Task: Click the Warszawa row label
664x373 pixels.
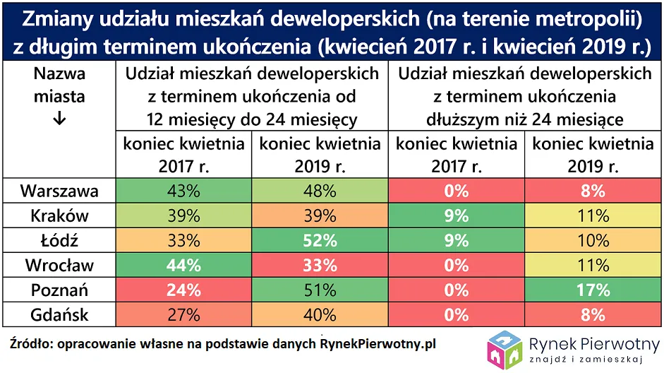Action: pyautogui.click(x=59, y=191)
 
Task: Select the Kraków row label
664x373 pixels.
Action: pyautogui.click(x=59, y=215)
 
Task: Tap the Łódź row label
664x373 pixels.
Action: pyautogui.click(x=59, y=240)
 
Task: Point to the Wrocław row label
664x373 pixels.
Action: pyautogui.click(x=59, y=265)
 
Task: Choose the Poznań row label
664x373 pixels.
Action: pyautogui.click(x=59, y=290)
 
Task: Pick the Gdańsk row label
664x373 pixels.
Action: pyautogui.click(x=59, y=314)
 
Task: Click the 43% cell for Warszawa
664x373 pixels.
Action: pyautogui.click(x=183, y=191)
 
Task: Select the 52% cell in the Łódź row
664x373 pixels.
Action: pyautogui.click(x=320, y=240)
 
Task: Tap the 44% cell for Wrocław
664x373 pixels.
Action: pyautogui.click(x=183, y=265)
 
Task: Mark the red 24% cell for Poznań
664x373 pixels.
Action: pyautogui.click(x=183, y=290)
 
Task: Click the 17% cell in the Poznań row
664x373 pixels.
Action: pyautogui.click(x=593, y=290)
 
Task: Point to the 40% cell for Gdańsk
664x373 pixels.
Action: pyautogui.click(x=320, y=314)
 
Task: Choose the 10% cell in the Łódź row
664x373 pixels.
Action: pyautogui.click(x=593, y=240)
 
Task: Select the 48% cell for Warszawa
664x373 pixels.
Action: pyautogui.click(x=320, y=191)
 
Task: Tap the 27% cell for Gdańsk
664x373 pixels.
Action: pyautogui.click(x=183, y=314)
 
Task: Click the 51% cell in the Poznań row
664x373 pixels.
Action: pyautogui.click(x=320, y=290)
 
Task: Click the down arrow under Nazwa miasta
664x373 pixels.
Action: pyautogui.click(x=59, y=119)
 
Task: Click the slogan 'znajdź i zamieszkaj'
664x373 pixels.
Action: pyautogui.click(x=591, y=360)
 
